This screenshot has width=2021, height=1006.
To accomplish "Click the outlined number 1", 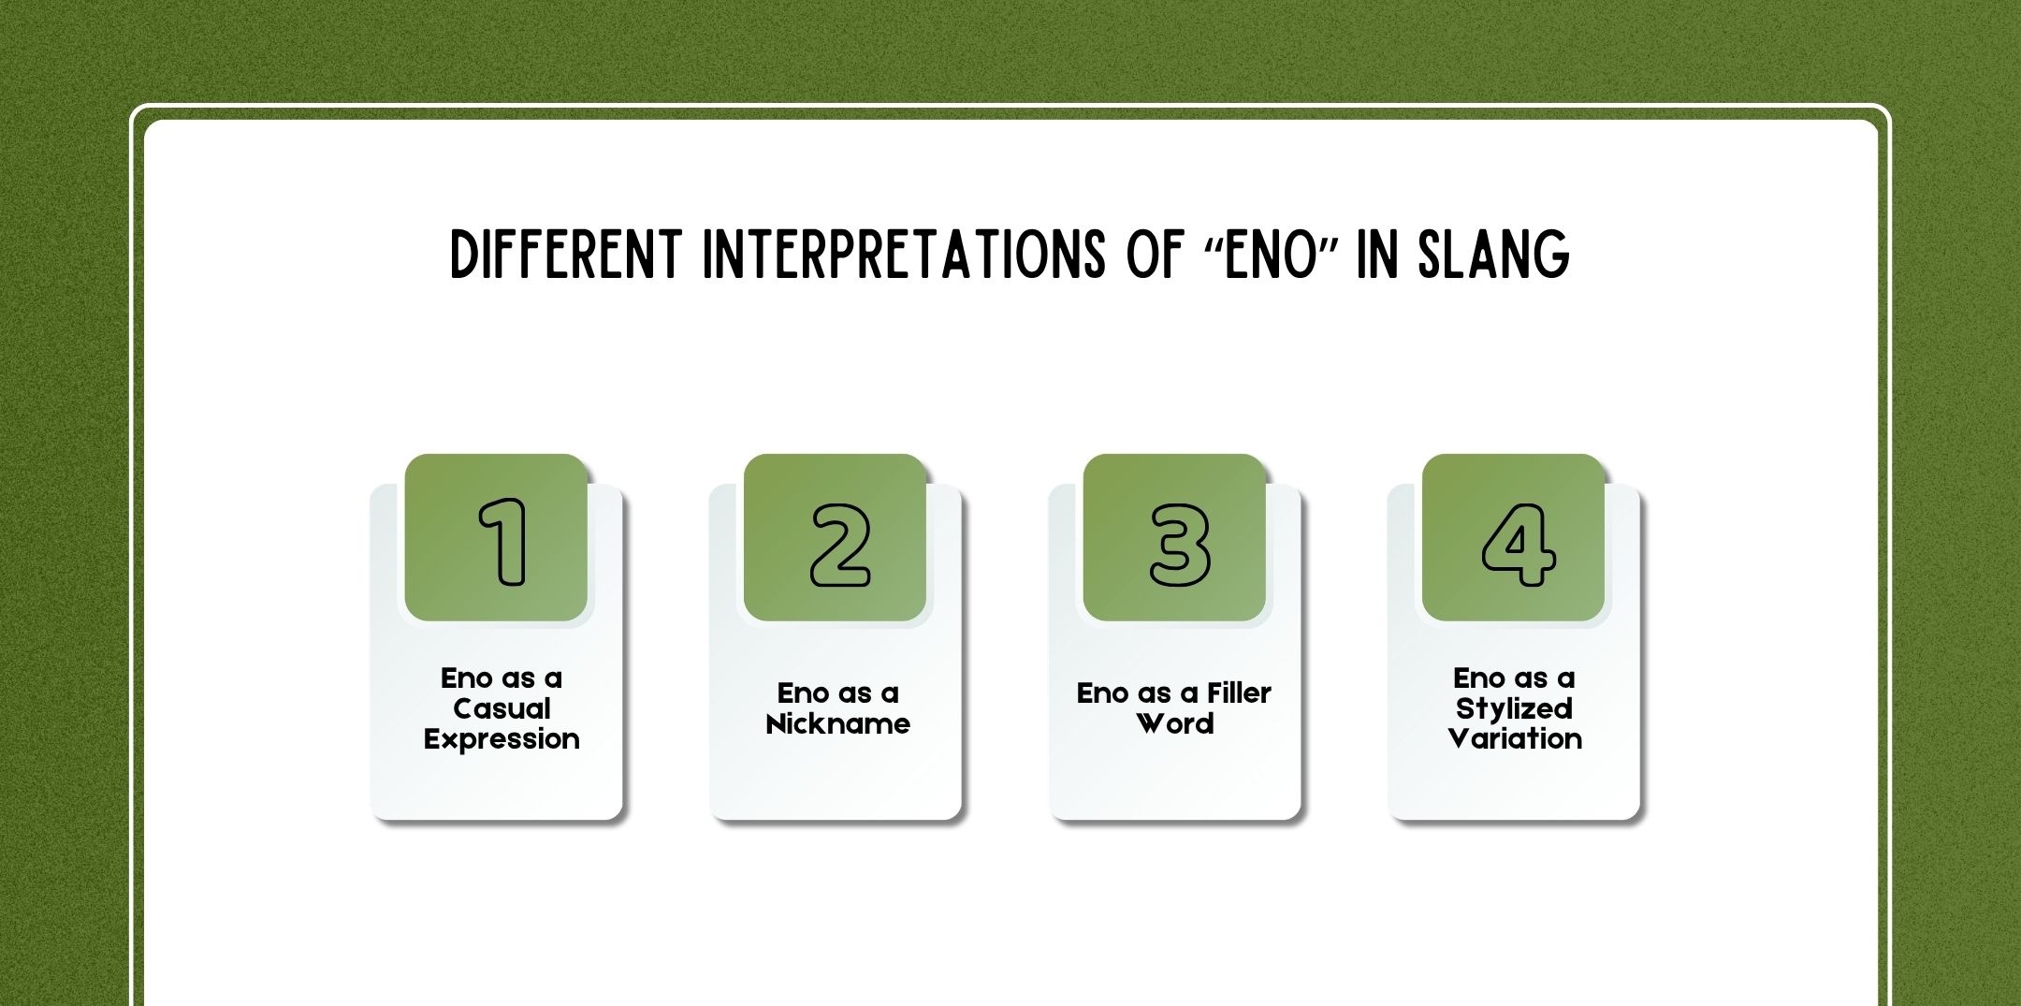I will click(x=503, y=542).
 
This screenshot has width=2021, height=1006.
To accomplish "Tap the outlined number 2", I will click(x=839, y=546).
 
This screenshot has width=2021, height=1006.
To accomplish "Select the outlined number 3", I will click(x=1179, y=546).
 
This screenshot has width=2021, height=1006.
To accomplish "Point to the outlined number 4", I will click(x=1518, y=546).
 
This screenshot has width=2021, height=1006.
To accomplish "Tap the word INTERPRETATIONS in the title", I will click(x=903, y=255).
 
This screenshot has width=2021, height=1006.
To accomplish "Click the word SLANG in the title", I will click(x=1493, y=255).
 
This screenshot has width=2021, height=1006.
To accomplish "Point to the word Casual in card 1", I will click(x=502, y=708).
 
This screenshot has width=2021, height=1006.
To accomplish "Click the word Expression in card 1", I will click(x=502, y=739).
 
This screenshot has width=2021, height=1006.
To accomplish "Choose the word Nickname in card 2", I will click(x=837, y=724).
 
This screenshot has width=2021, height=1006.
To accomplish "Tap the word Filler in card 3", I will click(x=1238, y=693).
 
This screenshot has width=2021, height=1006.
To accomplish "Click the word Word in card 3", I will click(x=1174, y=724).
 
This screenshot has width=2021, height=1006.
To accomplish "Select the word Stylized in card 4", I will click(x=1514, y=708).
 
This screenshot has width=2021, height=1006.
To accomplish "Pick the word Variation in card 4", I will click(x=1514, y=739).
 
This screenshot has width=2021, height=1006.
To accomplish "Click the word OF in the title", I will click(x=1155, y=255).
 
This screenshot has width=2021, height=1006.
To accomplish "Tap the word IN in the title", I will click(x=1376, y=255).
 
